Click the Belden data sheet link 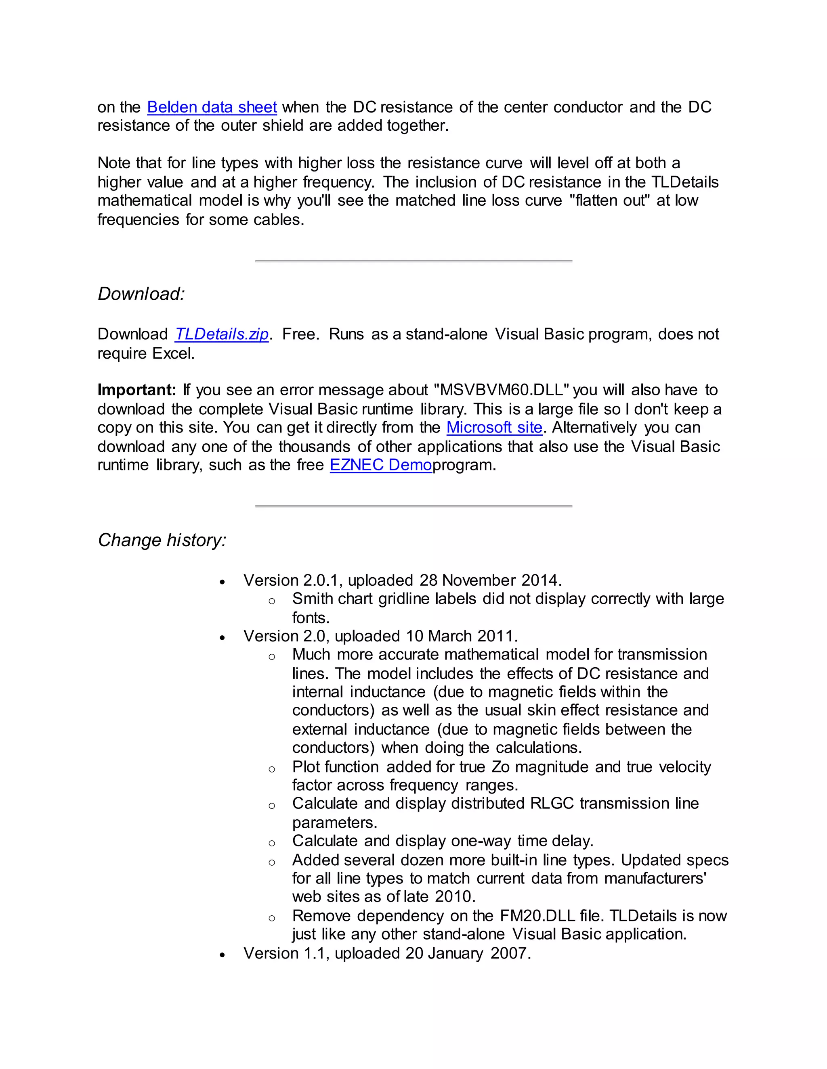(212, 107)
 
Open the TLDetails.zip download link (221, 334)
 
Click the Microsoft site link (494, 427)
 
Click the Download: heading (141, 294)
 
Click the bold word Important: (137, 390)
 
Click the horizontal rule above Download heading (413, 261)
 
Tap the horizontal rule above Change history (413, 505)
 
